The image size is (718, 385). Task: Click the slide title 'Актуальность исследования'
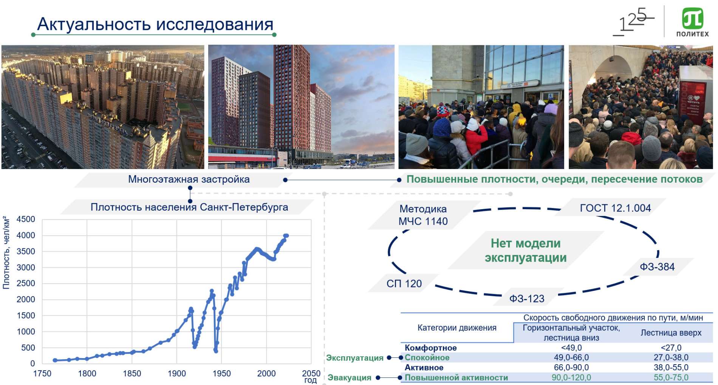[155, 24]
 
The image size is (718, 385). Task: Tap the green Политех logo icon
[692, 19]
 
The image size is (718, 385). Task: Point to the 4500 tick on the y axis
[26, 219]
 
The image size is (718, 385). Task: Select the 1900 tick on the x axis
[177, 374]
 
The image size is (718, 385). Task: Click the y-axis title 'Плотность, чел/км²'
[6, 253]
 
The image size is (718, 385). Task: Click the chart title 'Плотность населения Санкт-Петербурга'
[189, 207]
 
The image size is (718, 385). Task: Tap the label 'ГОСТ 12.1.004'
[615, 208]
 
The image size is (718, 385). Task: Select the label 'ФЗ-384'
[657, 267]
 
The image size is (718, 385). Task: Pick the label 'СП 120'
[404, 284]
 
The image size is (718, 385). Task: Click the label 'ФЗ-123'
[527, 299]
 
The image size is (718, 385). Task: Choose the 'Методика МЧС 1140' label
[423, 215]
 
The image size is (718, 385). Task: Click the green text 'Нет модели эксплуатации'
[526, 250]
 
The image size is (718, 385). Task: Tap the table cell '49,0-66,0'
[571, 358]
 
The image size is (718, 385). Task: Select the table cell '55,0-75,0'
[671, 377]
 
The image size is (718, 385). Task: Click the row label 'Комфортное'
[430, 348]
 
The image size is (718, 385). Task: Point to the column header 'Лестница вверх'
[671, 333]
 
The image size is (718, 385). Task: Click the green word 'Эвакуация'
[349, 377]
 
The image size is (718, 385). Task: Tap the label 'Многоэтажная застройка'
[189, 179]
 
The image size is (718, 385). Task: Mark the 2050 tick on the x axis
[311, 374]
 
